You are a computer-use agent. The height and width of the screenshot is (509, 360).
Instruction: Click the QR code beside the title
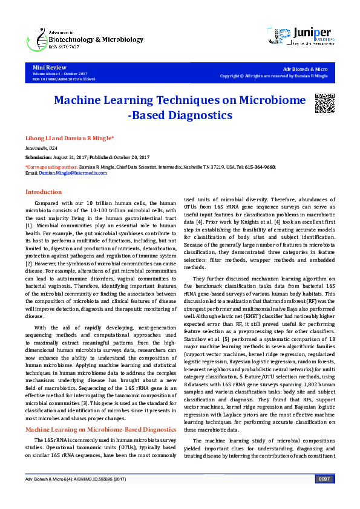point(324,103)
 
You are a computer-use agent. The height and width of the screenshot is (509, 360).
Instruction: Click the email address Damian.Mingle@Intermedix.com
point(73,173)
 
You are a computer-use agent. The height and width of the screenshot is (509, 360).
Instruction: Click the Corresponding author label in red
point(52,166)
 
